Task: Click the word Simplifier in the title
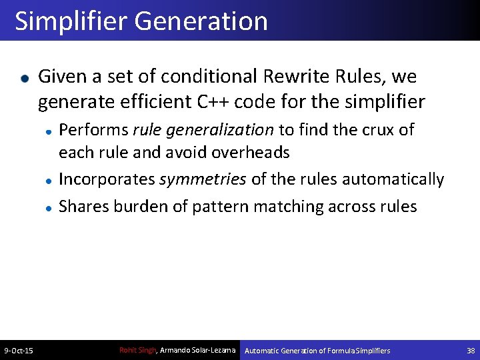[71, 21]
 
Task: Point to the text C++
[214, 102]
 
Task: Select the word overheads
[251, 152]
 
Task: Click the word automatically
[393, 179]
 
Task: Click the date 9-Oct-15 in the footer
[19, 351]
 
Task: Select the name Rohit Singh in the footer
[137, 350]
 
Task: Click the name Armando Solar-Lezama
[199, 350]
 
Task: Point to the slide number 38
[471, 351]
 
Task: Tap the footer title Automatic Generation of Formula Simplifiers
[318, 351]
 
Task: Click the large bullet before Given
[25, 78]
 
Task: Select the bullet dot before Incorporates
[49, 181]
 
